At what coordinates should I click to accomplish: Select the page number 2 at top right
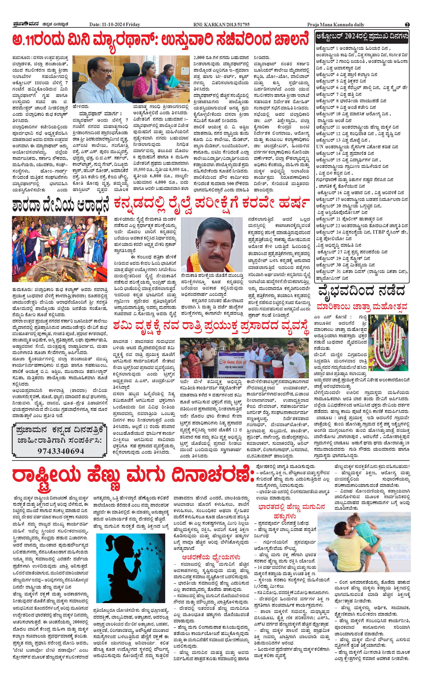pyautogui.click(x=407, y=25)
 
